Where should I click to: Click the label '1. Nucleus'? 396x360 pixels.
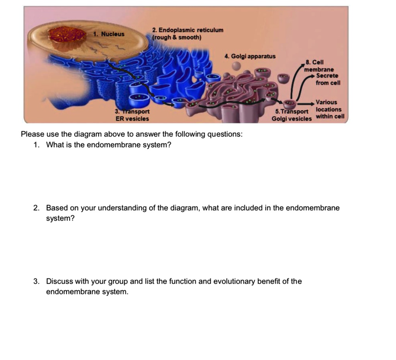[109, 34]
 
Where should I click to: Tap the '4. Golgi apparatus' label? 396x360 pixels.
[250, 56]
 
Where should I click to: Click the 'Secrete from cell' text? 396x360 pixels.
[328, 80]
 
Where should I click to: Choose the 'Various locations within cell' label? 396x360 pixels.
[328, 109]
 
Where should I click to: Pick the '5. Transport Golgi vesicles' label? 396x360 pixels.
[291, 115]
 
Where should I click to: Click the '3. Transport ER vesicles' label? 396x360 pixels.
[132, 115]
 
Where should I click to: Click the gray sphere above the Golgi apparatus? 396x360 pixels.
[236, 66]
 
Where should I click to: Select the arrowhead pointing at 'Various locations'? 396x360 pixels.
[312, 104]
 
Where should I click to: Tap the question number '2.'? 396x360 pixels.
[36, 208]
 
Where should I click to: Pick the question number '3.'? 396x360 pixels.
[36, 282]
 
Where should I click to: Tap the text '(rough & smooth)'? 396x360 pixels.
[177, 38]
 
